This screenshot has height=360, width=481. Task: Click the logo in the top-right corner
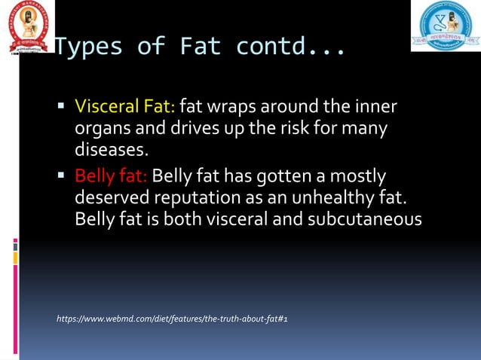point(445,26)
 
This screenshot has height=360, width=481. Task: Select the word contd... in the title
point(291,47)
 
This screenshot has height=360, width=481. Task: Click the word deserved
point(112,198)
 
